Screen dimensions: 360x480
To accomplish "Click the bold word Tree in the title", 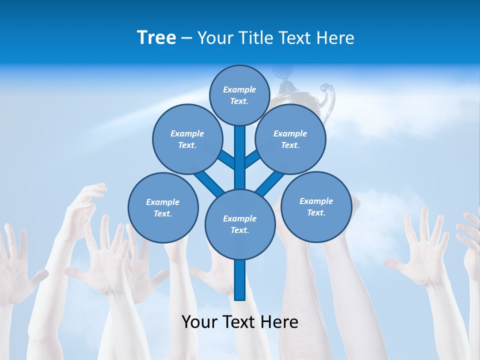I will (156, 37).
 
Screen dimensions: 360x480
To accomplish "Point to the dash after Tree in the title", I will (186, 38).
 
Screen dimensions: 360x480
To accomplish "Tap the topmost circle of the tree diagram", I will (239, 95).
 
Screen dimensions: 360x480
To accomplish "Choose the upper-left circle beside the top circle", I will (187, 139).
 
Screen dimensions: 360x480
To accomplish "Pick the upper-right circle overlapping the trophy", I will (290, 139).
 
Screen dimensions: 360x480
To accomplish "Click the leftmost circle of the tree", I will (163, 207).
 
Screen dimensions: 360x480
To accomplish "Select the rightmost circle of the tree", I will (316, 206).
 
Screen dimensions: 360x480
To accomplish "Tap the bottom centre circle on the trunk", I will (239, 224).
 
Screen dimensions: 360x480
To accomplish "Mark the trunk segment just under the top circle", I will (239, 140).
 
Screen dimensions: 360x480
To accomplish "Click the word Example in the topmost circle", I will (239, 89).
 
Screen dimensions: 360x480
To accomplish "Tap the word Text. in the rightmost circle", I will (316, 212).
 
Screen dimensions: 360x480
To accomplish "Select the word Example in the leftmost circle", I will (163, 202).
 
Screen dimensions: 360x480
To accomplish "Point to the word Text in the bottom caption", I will (239, 322).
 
